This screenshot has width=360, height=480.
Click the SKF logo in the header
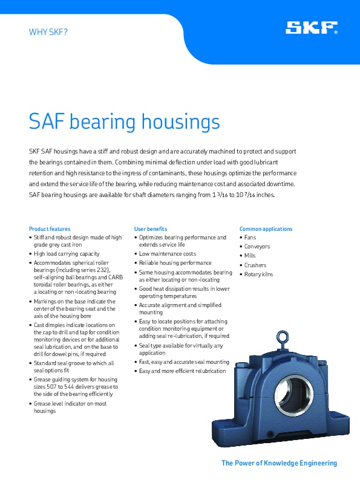pyautogui.click(x=312, y=28)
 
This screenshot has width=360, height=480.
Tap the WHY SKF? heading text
pyautogui.click(x=48, y=31)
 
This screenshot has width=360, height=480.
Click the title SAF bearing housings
pyautogui.click(x=125, y=122)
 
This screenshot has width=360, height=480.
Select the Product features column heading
pyautogui.click(x=50, y=229)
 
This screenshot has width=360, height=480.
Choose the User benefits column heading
pyautogui.click(x=151, y=229)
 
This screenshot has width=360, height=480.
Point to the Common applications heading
pyautogui.click(x=266, y=229)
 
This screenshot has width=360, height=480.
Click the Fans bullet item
pyautogui.click(x=250, y=238)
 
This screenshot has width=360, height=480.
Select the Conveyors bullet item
pyautogui.click(x=257, y=247)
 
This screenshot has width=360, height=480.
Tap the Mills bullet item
pyautogui.click(x=250, y=256)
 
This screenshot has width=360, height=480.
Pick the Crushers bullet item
pyautogui.click(x=255, y=265)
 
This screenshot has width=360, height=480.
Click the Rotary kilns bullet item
pyautogui.click(x=258, y=274)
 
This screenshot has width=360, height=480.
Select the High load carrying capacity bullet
pyautogui.click(x=67, y=255)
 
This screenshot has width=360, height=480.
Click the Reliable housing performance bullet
pyautogui.click(x=175, y=263)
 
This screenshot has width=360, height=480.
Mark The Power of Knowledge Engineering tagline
pyautogui.click(x=279, y=463)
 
